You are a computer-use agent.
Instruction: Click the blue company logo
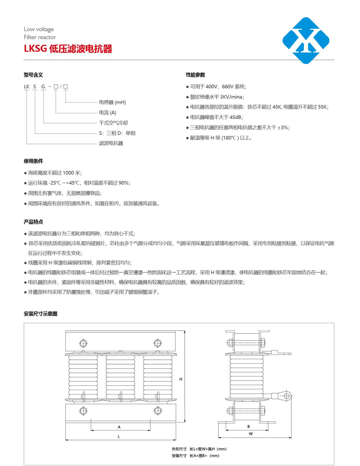(x=306, y=40)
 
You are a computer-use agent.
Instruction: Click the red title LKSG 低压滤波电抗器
(x=68, y=49)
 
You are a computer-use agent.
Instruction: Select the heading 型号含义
(x=33, y=75)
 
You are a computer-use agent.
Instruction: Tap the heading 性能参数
(x=195, y=75)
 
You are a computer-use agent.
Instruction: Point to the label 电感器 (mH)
(x=112, y=102)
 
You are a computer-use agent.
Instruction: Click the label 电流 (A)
(x=108, y=113)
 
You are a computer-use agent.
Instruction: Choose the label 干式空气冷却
(x=113, y=123)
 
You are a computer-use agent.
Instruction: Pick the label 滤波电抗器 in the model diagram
(x=111, y=143)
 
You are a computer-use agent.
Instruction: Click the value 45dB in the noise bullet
(x=236, y=117)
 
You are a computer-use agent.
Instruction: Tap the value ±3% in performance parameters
(x=283, y=127)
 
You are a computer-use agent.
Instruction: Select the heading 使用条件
(x=33, y=161)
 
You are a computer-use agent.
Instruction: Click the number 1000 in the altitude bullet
(x=68, y=173)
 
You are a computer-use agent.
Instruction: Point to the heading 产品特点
(x=33, y=222)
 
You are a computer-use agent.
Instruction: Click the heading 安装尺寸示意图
(x=40, y=314)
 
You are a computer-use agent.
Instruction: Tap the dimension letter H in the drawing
(x=181, y=379)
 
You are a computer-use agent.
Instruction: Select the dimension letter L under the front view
(x=119, y=436)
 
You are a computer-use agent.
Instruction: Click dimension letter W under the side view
(x=251, y=434)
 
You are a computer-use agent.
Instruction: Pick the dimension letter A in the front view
(x=119, y=427)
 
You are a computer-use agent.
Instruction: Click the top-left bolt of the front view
(x=83, y=343)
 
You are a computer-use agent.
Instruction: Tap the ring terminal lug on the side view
(x=287, y=396)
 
